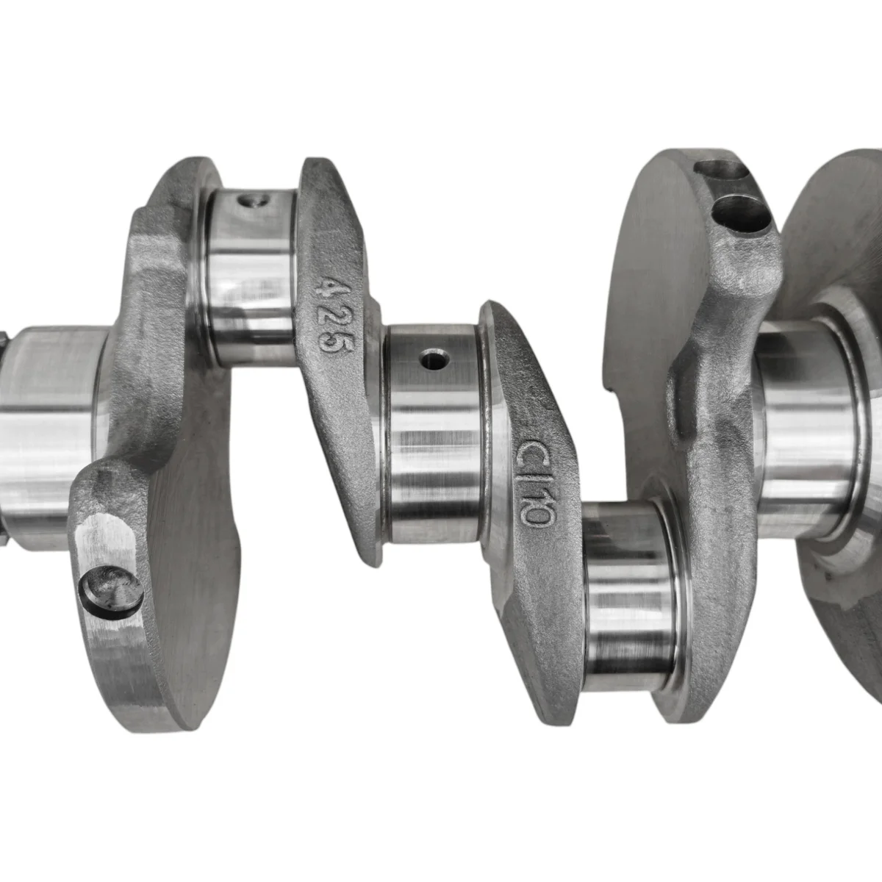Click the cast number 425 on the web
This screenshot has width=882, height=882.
(x=335, y=314)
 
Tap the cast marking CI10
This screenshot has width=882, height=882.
(x=537, y=482)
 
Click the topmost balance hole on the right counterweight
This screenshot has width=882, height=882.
(x=721, y=168)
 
